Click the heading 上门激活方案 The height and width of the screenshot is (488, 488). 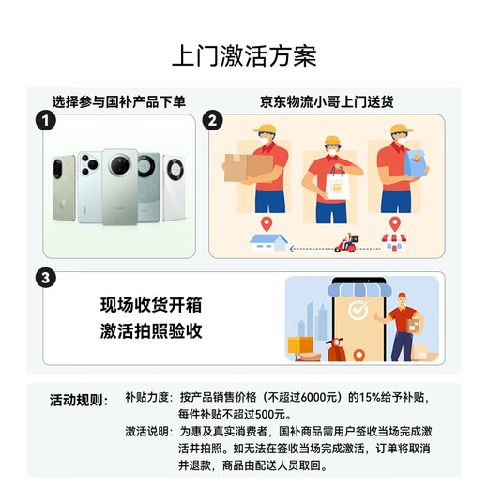point(244,56)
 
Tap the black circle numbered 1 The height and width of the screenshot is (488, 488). point(46,121)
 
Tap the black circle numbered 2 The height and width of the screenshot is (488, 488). point(212,121)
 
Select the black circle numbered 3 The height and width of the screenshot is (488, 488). point(46,278)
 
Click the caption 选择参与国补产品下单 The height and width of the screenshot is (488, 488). point(119,102)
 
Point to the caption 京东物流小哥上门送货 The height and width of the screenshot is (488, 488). point(327,102)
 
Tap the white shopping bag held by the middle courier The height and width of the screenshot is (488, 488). point(337,184)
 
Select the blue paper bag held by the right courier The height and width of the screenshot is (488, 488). point(414,163)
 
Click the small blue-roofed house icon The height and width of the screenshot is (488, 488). point(268,242)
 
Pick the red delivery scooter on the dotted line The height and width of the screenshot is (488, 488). point(346,243)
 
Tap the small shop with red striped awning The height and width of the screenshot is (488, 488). point(394,242)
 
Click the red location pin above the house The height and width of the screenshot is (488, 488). point(267,224)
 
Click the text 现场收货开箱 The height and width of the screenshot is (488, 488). point(151,305)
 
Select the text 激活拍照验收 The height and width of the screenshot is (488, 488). point(151,331)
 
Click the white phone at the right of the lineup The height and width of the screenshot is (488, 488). point(174,188)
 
